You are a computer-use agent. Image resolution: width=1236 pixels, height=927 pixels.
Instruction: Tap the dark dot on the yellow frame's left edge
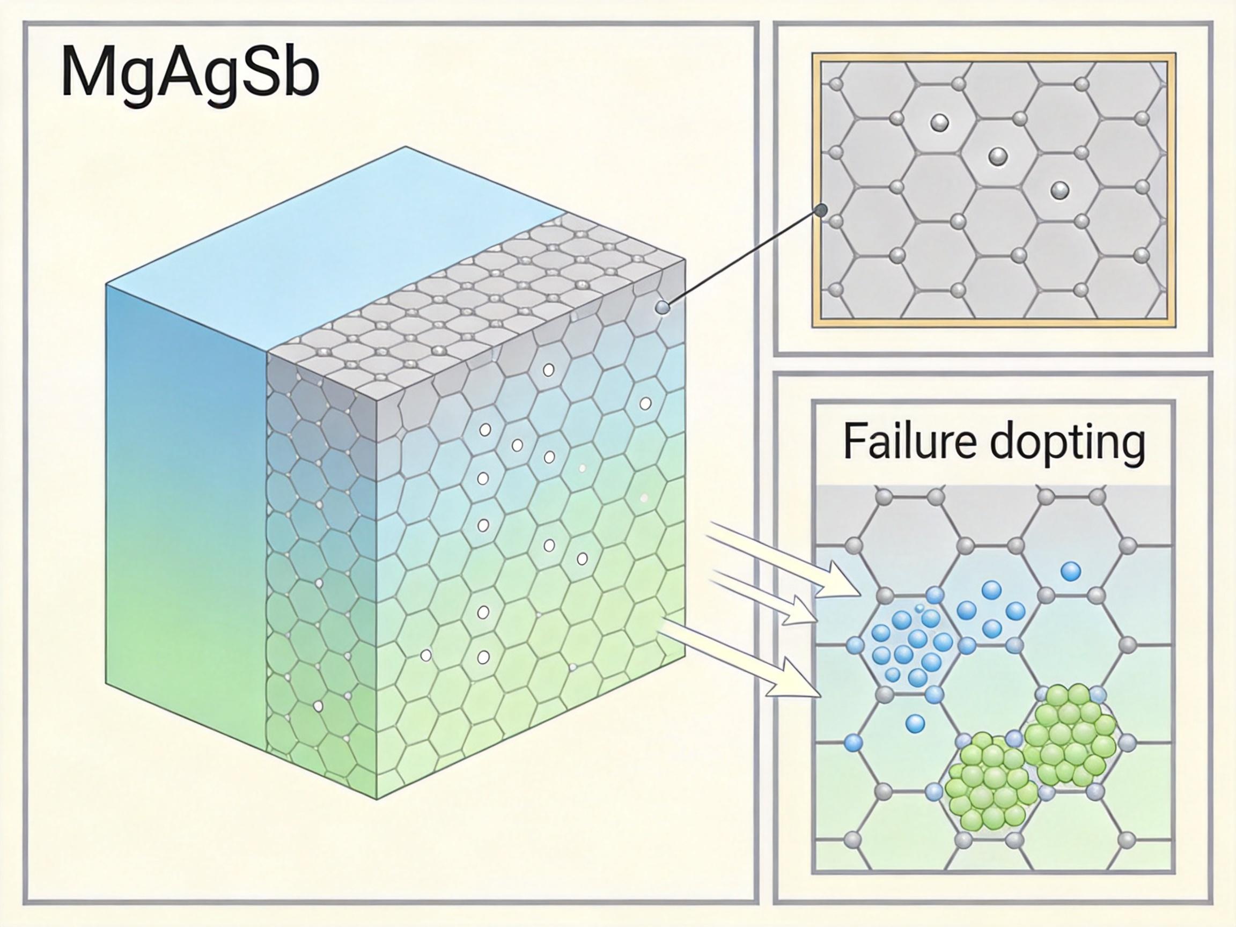pos(821,211)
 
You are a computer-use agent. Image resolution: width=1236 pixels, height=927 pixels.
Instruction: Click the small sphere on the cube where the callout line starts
pos(662,307)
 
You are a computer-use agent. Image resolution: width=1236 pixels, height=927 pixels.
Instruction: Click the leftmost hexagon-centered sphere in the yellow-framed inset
pos(939,122)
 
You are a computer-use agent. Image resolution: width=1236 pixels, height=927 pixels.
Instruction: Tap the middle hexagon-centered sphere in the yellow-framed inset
pos(997,157)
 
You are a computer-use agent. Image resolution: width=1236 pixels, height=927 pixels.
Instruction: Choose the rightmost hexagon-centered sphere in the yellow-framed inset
pos(1060,190)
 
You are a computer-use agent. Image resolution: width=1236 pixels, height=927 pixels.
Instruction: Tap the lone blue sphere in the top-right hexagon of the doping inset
pos(1070,572)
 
